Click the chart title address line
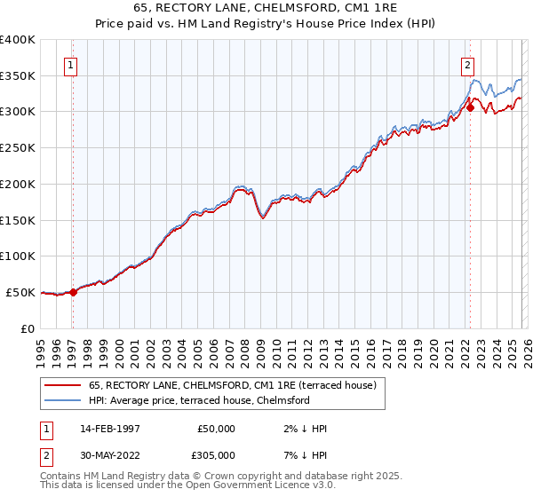(266, 8)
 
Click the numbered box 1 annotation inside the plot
(70, 64)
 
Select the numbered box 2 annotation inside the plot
(467, 64)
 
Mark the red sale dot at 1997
(74, 292)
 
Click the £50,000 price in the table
(216, 429)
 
